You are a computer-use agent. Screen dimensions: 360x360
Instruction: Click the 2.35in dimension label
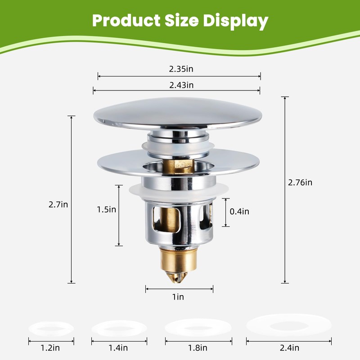tap(181, 69)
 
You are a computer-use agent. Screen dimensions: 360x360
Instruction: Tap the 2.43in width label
tap(181, 85)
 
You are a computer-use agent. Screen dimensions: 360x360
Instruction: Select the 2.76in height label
tap(300, 183)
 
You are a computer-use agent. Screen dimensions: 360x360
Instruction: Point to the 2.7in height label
tap(58, 204)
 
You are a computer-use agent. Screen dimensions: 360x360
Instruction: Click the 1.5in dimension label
tap(107, 209)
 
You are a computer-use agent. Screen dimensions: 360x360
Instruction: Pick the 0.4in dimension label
tap(239, 211)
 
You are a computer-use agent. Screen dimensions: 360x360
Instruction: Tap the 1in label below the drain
tap(178, 297)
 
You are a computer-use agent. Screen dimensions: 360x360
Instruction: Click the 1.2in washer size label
tap(50, 348)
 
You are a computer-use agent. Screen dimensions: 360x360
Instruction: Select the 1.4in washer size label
tap(118, 348)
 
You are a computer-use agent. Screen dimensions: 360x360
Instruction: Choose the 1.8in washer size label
tap(198, 348)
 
